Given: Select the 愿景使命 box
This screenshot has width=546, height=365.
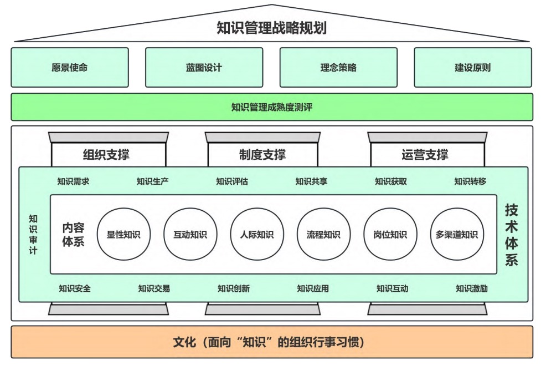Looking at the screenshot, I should click(x=70, y=68).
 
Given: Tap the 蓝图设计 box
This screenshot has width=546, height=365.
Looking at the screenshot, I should click(x=204, y=68).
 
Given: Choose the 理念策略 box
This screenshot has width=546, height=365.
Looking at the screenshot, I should click(x=338, y=68).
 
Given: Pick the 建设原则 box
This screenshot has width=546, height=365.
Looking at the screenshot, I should click(x=472, y=68).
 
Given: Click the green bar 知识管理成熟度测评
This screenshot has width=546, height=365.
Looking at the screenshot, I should click(x=271, y=107).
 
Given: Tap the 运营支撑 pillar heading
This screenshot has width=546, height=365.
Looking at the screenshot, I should click(x=425, y=155).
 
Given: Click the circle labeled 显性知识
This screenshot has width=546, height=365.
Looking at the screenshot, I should click(x=123, y=234).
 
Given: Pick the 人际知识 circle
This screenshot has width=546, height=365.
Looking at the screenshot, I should click(x=257, y=234).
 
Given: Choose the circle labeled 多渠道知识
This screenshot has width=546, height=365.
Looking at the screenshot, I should click(x=456, y=234).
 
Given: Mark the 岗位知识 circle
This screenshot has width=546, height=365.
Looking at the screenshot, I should click(x=390, y=234).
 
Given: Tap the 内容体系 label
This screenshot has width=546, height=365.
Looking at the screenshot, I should click(x=73, y=235).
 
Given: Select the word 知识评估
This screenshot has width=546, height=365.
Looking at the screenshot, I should click(x=232, y=181).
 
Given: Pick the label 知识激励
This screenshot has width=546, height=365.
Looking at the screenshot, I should click(x=472, y=288).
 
